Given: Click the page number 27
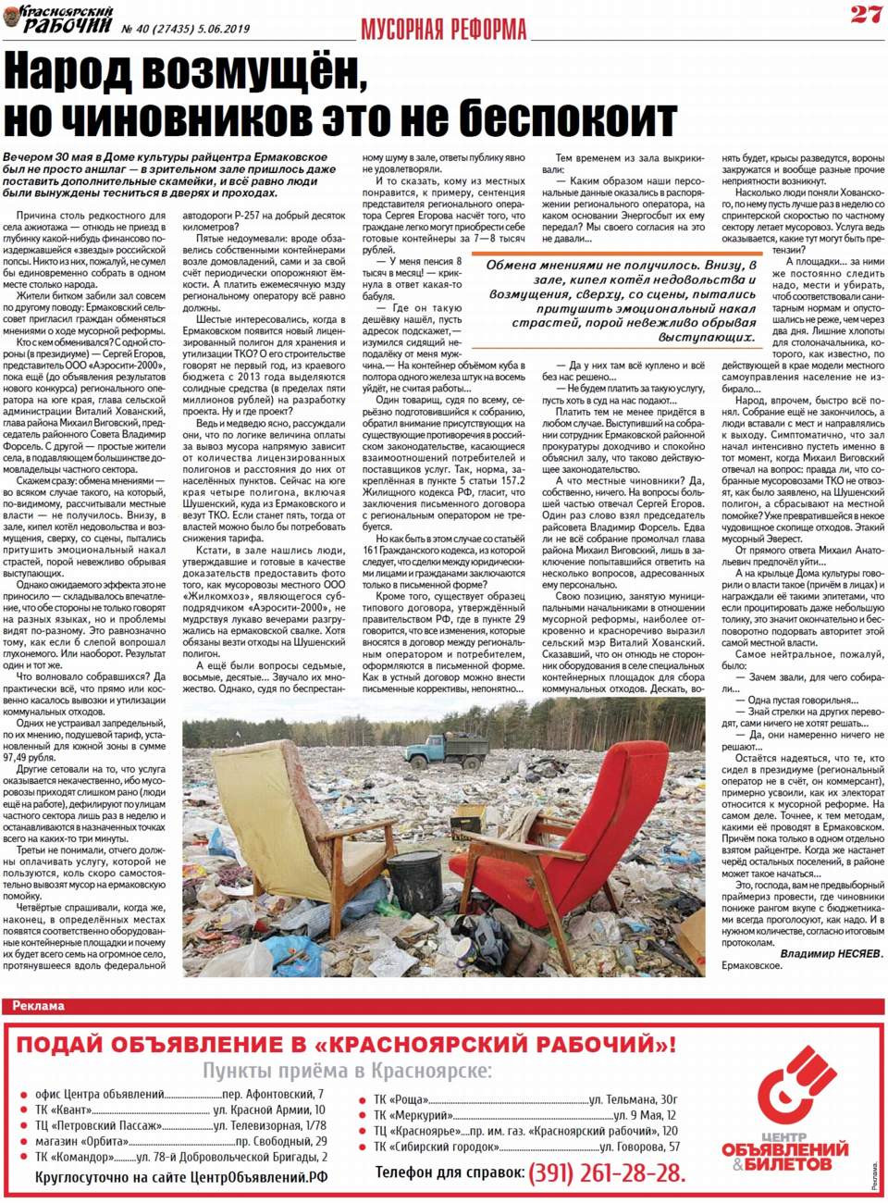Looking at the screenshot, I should click(x=866, y=14).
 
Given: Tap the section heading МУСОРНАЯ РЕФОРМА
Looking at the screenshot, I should click(x=443, y=29).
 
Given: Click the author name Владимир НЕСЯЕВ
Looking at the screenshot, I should click(x=831, y=953).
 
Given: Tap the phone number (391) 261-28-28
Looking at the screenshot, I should click(x=607, y=1173).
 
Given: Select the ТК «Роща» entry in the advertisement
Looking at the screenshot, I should click(x=401, y=1100).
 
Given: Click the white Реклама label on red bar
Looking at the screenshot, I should click(x=38, y=1006).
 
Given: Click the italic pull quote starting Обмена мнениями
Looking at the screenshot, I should click(x=623, y=301).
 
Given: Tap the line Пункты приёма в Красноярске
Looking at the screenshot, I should click(x=347, y=1071).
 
